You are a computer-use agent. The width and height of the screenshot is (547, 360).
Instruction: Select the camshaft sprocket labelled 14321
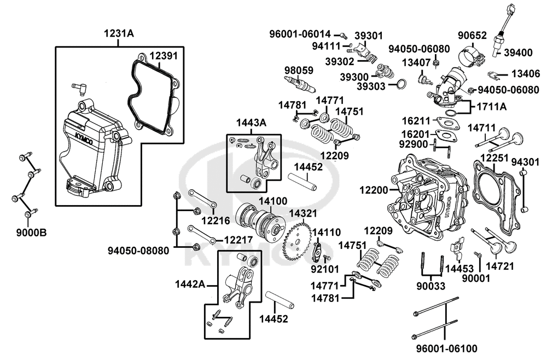pyautogui.click(x=299, y=241)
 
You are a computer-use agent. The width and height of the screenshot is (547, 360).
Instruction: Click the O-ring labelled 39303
pyautogui.click(x=400, y=84)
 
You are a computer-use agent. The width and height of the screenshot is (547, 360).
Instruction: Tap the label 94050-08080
pyautogui.click(x=139, y=251)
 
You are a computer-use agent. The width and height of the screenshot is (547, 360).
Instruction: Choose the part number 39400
pyautogui.click(x=517, y=53)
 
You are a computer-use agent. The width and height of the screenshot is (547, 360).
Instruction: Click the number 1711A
pyautogui.click(x=491, y=107)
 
